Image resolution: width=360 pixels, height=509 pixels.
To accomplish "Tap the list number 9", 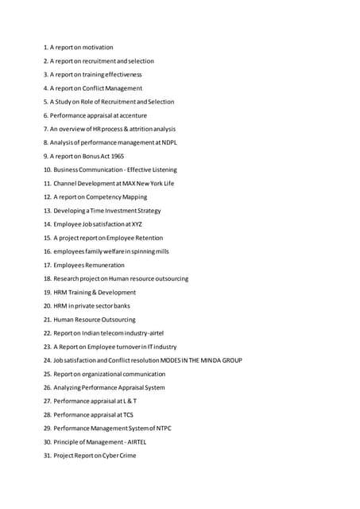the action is click(45, 157).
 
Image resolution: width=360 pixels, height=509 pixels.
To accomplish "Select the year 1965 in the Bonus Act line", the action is click(117, 157).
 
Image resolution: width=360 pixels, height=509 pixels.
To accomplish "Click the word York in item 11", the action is click(155, 184).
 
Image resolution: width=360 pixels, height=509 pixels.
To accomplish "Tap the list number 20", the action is click(47, 306).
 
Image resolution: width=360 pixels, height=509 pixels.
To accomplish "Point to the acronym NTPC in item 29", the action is click(161, 429).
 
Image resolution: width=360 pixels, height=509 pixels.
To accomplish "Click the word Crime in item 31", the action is click(126, 456).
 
